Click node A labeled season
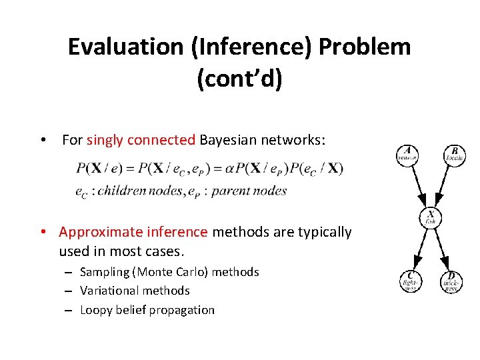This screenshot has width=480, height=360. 407,155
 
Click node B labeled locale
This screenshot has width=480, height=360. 454,155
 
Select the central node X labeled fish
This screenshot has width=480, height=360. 430,217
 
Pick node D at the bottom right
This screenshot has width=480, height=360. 451,281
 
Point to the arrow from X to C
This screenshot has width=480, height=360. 419,249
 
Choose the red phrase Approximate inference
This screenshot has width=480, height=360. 133,232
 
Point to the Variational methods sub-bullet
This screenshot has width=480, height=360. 135,291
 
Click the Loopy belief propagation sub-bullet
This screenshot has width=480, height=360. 147,310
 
